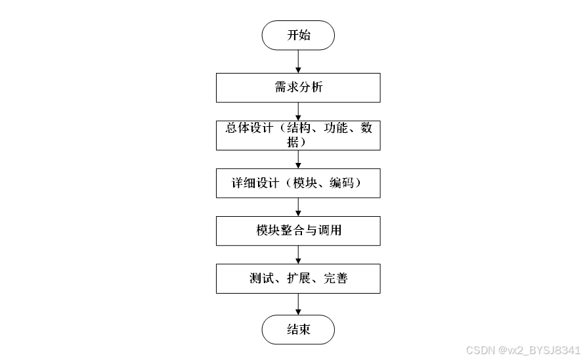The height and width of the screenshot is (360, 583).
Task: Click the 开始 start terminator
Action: [x=298, y=35]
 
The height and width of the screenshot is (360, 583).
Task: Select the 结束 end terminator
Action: [x=298, y=330]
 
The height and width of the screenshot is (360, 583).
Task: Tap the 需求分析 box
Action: [x=298, y=87]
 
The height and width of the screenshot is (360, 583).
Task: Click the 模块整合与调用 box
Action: [x=298, y=231]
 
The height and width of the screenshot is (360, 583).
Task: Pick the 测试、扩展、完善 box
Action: [x=298, y=279]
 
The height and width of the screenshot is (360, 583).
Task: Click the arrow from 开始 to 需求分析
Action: [x=299, y=61]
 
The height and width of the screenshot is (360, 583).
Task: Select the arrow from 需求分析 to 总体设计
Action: [x=299, y=110]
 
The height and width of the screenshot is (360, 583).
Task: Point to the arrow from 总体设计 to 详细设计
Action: [x=299, y=158]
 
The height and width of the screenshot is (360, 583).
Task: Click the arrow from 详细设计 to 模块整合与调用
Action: [x=299, y=206]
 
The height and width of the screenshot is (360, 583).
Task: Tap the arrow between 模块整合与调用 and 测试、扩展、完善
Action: [x=299, y=254]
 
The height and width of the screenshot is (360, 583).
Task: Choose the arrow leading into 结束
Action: [x=299, y=304]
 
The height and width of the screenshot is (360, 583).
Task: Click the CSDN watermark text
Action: [x=523, y=349]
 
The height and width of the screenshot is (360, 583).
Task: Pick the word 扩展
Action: [x=298, y=279]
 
